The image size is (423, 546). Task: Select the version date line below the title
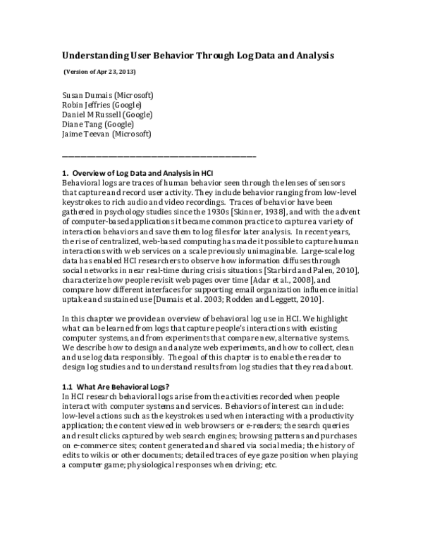point(99,72)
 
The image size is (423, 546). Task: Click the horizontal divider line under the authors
point(159,155)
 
